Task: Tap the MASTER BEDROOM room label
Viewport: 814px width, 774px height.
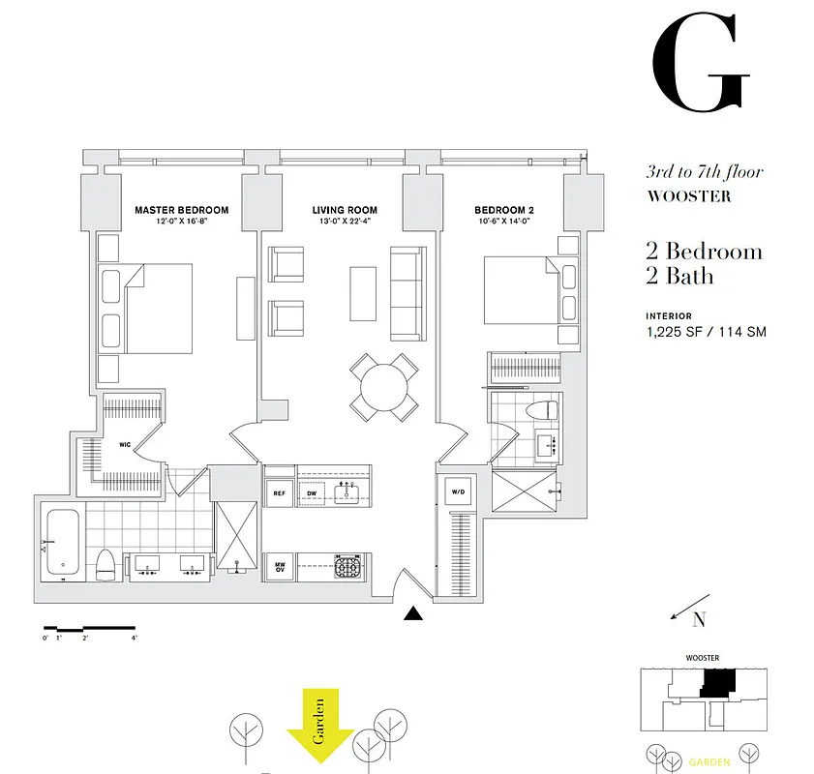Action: point(182,210)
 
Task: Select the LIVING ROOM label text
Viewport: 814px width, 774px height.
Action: point(345,210)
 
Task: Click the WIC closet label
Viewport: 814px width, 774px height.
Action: point(125,445)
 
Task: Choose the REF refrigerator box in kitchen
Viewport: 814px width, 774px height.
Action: point(279,492)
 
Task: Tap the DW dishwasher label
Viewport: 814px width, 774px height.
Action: point(313,492)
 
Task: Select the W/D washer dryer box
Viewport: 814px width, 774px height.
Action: point(457,492)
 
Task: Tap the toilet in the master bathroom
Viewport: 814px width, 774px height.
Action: point(105,563)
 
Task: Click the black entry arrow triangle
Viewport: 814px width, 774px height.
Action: point(413,613)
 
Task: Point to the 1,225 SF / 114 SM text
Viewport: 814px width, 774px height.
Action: point(707,332)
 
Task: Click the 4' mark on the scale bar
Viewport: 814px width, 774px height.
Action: point(135,638)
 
